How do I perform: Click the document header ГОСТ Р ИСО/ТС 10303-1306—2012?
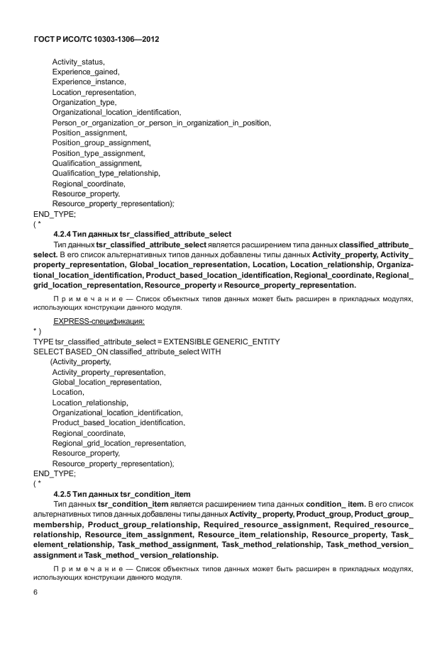pyautogui.click(x=96, y=40)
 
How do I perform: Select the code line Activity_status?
pyautogui.click(x=79, y=62)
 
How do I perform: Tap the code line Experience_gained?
pyautogui.click(x=85, y=72)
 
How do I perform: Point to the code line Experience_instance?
pyautogui.click(x=89, y=82)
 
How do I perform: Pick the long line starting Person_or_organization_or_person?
pyautogui.click(x=161, y=123)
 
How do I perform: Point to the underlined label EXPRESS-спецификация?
pyautogui.click(x=99, y=321)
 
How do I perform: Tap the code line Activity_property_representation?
pyautogui.click(x=109, y=372)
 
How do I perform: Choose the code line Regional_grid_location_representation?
pyautogui.click(x=119, y=443)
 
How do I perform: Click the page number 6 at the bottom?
pyautogui.click(x=35, y=593)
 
